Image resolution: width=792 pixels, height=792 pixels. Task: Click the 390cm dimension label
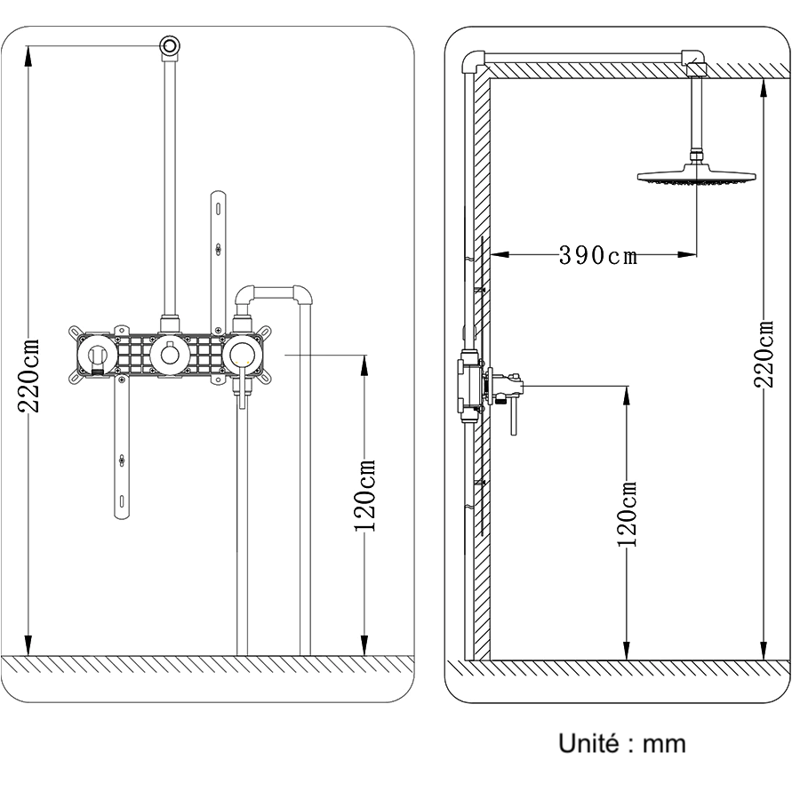click(598, 255)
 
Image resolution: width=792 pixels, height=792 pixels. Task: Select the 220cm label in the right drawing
click(764, 354)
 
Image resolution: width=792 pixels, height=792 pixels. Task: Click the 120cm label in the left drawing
click(365, 496)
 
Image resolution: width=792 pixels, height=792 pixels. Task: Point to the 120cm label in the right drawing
click(628, 514)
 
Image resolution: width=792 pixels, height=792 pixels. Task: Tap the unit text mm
click(664, 744)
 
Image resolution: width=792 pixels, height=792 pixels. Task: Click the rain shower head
click(696, 177)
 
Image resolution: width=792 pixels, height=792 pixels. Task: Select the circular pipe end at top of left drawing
click(170, 45)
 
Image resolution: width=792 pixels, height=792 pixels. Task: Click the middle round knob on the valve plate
click(168, 356)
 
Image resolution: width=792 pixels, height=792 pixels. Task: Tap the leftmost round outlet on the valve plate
click(98, 356)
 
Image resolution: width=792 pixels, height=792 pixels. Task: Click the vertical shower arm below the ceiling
click(696, 116)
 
